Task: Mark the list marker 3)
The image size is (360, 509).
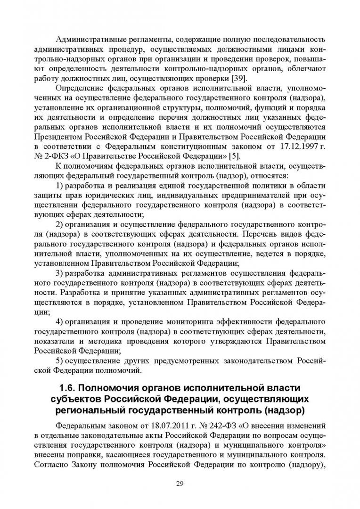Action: point(60,273)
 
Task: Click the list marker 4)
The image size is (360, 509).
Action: point(60,322)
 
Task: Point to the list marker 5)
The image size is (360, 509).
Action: point(60,361)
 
